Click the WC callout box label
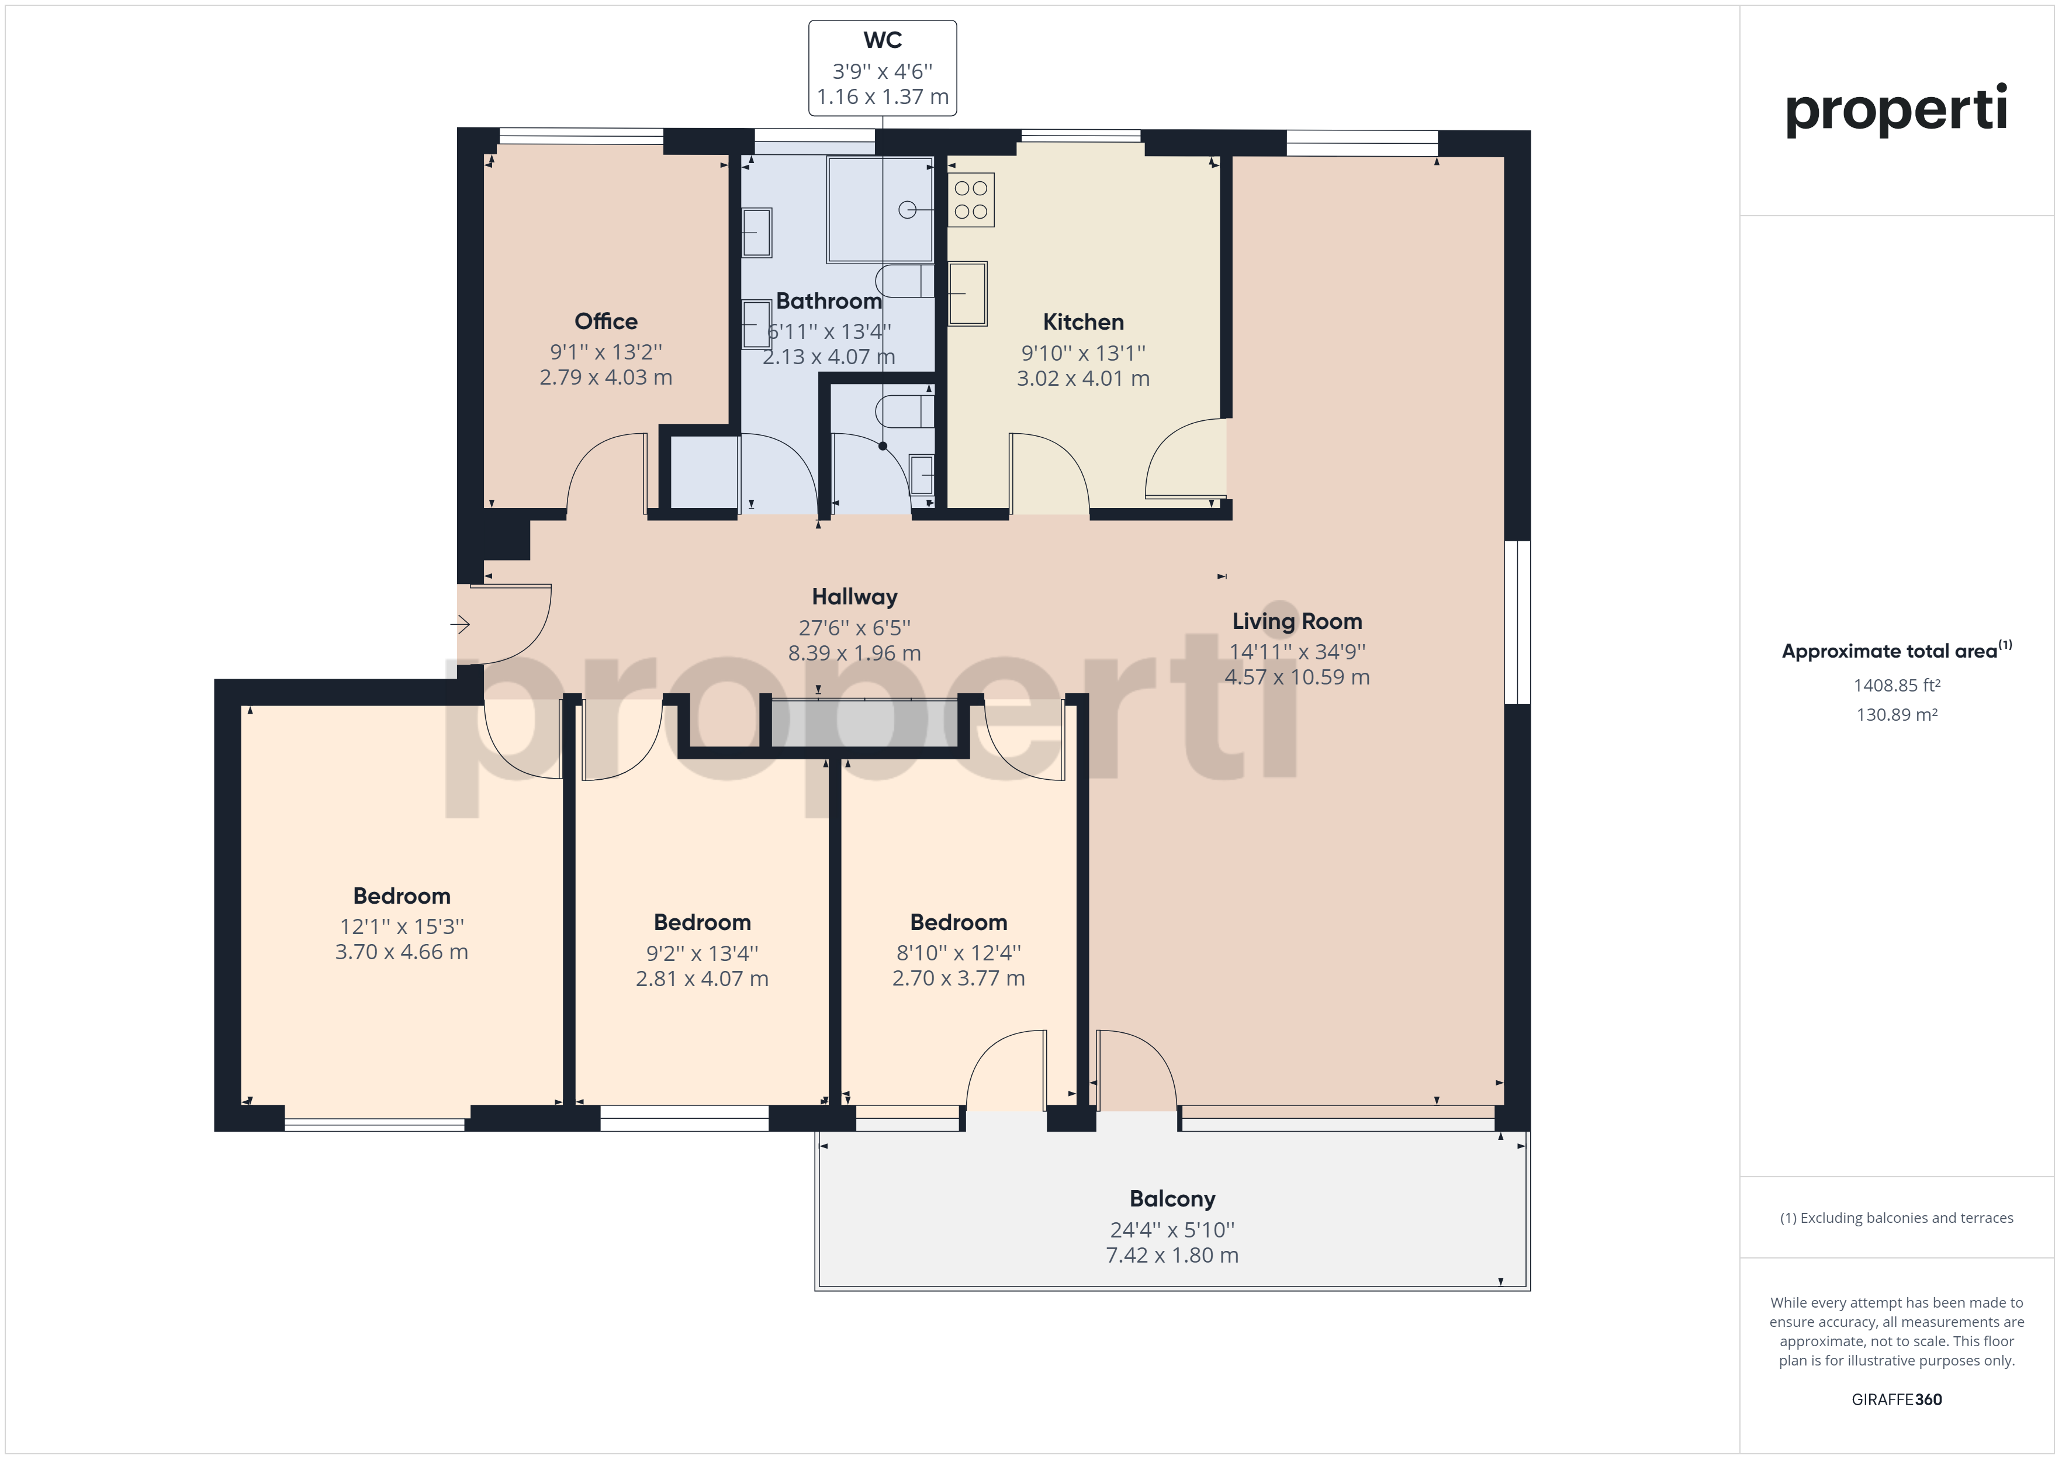pyautogui.click(x=882, y=40)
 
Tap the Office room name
pyautogui.click(x=606, y=321)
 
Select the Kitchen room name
pyautogui.click(x=1083, y=323)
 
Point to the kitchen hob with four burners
pyautogui.click(x=971, y=199)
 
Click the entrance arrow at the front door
pyautogui.click(x=460, y=624)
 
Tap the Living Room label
pyautogui.click(x=1297, y=622)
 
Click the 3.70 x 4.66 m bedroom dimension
pyautogui.click(x=402, y=952)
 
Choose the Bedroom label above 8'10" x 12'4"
pyautogui.click(x=959, y=922)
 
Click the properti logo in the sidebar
pyautogui.click(x=1896, y=110)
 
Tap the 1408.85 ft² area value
pyautogui.click(x=1897, y=686)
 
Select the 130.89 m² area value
pyautogui.click(x=1897, y=715)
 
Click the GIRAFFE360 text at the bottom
pyautogui.click(x=1897, y=1400)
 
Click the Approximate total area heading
pyautogui.click(x=1897, y=651)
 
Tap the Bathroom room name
pyautogui.click(x=828, y=301)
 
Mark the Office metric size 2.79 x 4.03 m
pyautogui.click(x=606, y=378)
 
